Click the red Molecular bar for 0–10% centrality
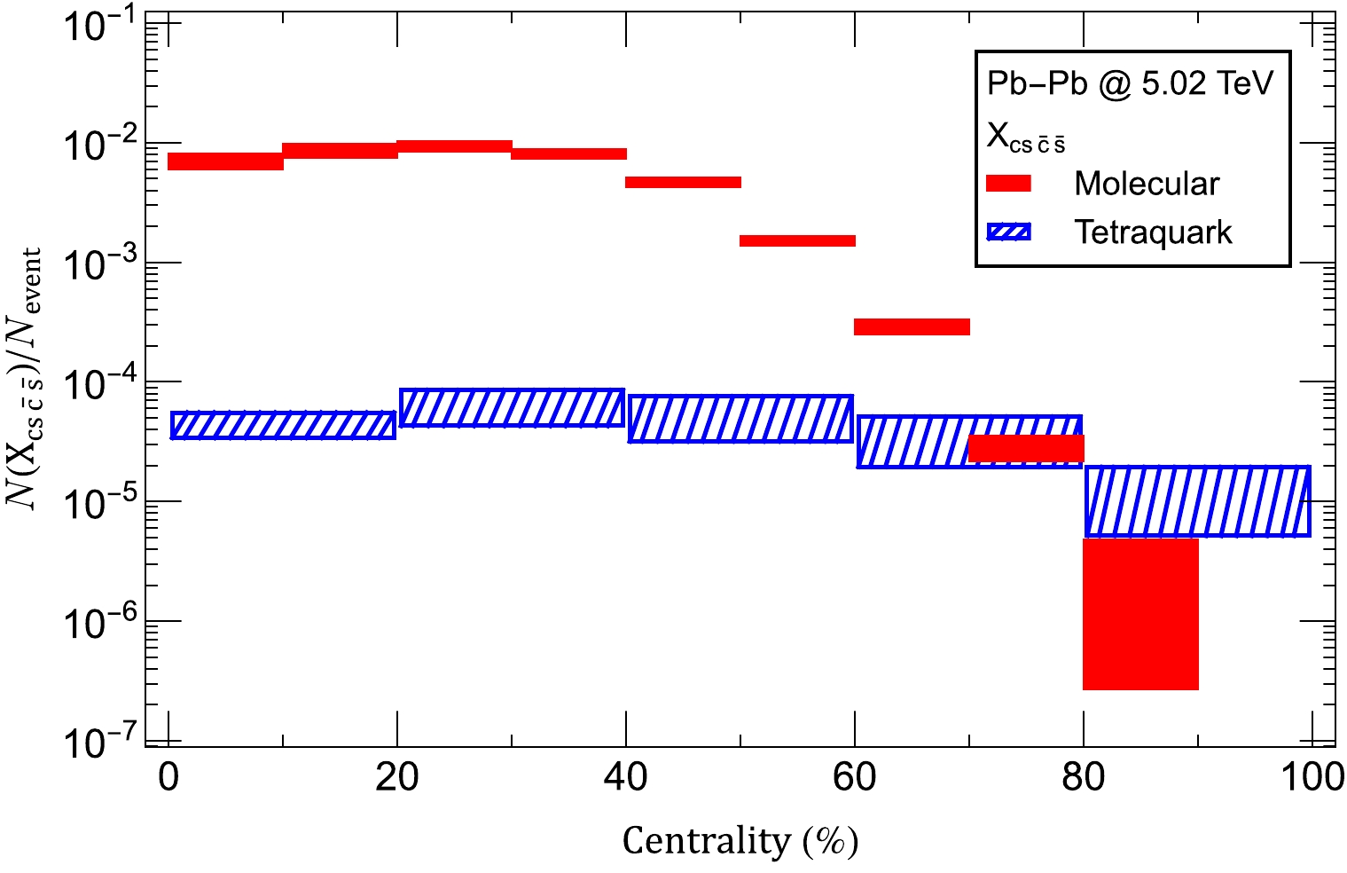(225, 161)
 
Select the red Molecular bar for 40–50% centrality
(683, 183)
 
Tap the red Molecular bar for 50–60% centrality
(797, 240)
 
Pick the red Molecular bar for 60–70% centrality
(912, 326)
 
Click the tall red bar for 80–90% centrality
(1140, 614)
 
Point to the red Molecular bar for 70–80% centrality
(1026, 448)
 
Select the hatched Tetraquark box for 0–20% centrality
(283, 425)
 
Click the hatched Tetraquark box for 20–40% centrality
(512, 408)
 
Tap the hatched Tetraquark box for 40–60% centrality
(740, 419)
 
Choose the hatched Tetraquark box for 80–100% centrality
(1198, 501)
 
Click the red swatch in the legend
(1008, 184)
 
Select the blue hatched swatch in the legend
(1008, 232)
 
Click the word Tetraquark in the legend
(1153, 232)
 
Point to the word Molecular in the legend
(1147, 184)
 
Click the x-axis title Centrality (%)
(740, 840)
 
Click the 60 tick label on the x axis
(854, 778)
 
